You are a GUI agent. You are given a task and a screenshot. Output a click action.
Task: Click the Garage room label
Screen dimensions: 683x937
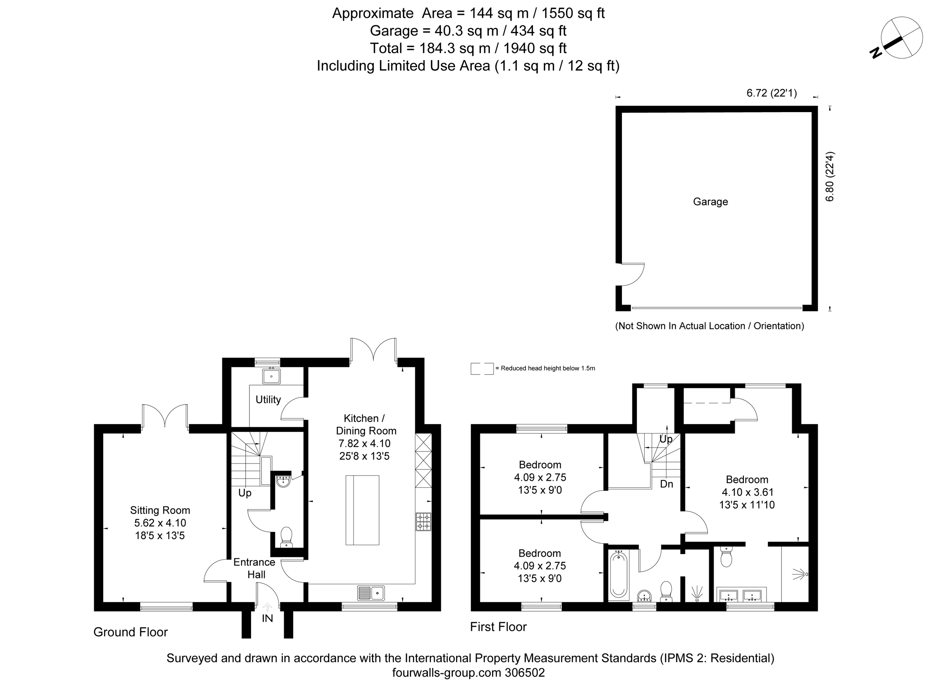tap(710, 202)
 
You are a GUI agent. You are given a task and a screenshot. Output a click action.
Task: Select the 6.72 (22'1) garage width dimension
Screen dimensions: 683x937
tap(771, 93)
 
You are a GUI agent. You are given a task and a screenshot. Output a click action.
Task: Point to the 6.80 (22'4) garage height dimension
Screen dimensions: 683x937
tap(830, 177)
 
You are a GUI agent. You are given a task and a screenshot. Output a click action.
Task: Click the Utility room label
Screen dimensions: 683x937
tap(268, 399)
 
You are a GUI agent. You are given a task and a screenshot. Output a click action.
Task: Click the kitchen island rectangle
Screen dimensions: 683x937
tap(362, 510)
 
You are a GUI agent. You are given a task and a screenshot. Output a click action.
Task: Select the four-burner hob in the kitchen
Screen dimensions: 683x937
tap(423, 522)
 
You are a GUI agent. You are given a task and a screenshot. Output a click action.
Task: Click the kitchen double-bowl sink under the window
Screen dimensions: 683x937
tap(371, 593)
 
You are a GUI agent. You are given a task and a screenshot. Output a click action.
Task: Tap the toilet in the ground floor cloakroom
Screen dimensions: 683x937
tap(286, 537)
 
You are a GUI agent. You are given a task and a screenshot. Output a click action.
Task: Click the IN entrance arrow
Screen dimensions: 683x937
tap(267, 607)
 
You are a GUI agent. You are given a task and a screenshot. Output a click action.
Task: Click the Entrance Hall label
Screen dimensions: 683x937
tap(255, 568)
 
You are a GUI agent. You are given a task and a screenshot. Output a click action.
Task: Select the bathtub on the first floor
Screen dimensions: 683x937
tap(618, 575)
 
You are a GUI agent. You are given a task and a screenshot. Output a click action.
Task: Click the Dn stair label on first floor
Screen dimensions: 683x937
tap(666, 484)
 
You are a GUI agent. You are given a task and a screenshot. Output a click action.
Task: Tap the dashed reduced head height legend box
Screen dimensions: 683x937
tap(482, 368)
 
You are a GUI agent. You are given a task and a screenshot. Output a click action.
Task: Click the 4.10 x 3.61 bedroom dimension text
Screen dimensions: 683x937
tap(747, 492)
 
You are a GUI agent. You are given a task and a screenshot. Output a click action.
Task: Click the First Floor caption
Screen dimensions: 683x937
tap(498, 627)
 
